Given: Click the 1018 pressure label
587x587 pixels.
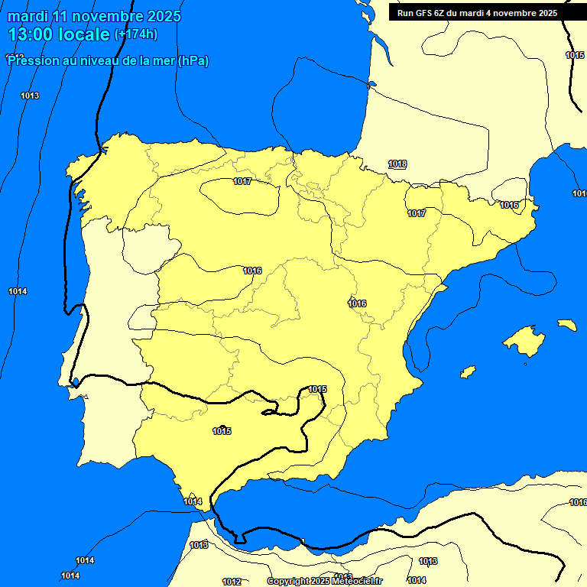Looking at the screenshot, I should pyautogui.click(x=397, y=164).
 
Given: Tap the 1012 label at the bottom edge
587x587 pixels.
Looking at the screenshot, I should pyautogui.click(x=232, y=582).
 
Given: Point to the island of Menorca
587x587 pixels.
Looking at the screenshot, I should pyautogui.click(x=566, y=325).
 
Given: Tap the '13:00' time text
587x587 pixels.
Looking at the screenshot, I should pyautogui.click(x=31, y=34).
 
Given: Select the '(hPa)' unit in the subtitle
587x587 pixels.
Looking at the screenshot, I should pyautogui.click(x=193, y=61).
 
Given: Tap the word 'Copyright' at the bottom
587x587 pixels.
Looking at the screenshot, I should pyautogui.click(x=287, y=581).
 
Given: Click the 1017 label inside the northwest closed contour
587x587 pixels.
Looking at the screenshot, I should pyautogui.click(x=242, y=181).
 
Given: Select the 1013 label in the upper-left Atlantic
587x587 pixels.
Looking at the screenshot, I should pyautogui.click(x=30, y=96).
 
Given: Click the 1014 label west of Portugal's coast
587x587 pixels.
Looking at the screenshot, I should pyautogui.click(x=18, y=291).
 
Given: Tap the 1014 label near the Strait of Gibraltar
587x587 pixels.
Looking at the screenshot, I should pyautogui.click(x=193, y=501).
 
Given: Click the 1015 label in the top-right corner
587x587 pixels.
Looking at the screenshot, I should pyautogui.click(x=575, y=55).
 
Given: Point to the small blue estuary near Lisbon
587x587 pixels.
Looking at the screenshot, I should pyautogui.click(x=76, y=381).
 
